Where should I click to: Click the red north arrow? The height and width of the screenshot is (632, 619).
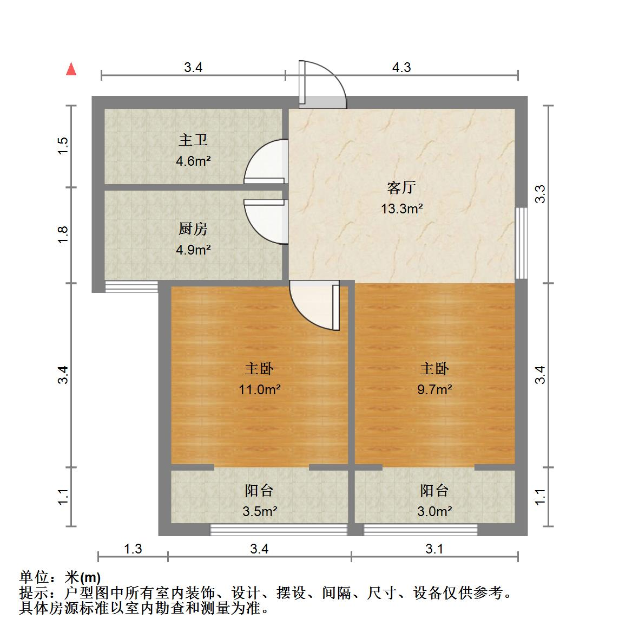click(x=70, y=69)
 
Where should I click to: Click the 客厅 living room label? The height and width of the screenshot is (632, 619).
click(x=401, y=188)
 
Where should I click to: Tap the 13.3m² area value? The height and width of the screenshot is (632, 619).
click(x=401, y=208)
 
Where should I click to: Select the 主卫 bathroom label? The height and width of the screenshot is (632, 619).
click(x=193, y=140)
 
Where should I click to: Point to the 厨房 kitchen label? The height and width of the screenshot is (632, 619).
click(x=193, y=229)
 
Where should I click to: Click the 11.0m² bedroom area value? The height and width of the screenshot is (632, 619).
click(x=260, y=389)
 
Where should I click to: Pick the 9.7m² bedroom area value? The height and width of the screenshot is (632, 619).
click(x=434, y=389)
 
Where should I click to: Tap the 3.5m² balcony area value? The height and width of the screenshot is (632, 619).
click(x=260, y=511)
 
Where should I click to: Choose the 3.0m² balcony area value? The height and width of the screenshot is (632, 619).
click(x=434, y=511)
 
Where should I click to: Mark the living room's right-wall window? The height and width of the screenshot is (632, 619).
click(x=521, y=243)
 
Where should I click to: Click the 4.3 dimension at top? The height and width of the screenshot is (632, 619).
click(x=401, y=67)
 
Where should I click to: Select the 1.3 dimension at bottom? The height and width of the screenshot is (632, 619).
click(x=133, y=549)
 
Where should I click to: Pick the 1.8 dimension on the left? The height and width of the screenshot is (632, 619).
click(x=63, y=234)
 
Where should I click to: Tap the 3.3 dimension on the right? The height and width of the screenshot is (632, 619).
click(x=540, y=194)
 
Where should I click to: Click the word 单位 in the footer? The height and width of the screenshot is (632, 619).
click(x=32, y=577)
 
